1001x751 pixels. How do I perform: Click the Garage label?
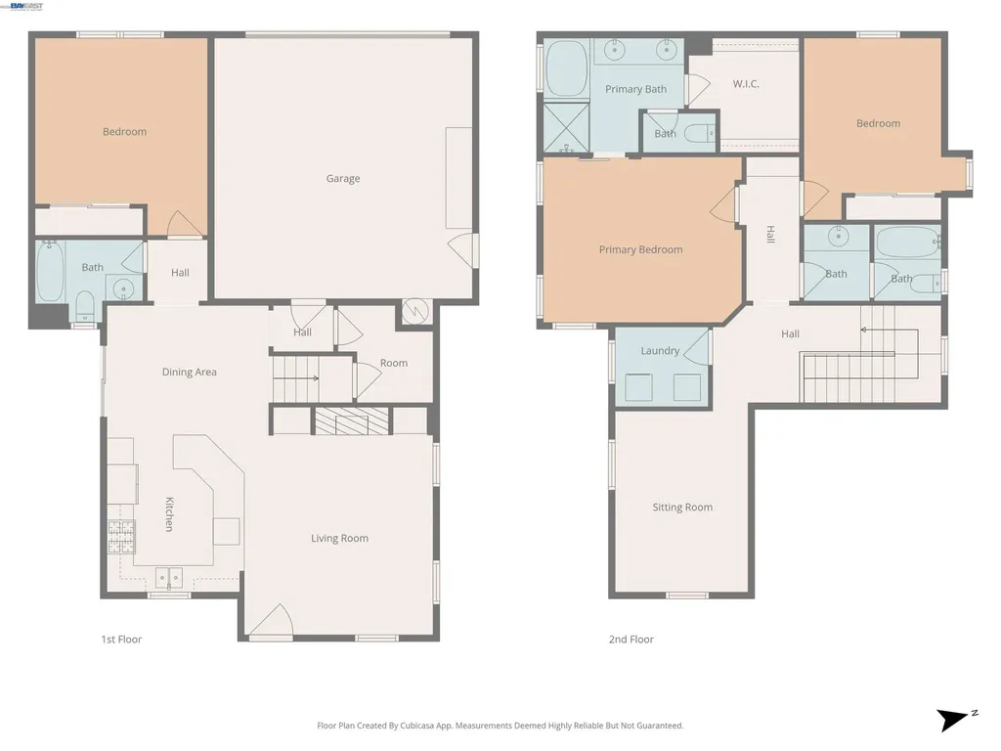[343, 179]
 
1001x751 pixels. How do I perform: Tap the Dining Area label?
[189, 372]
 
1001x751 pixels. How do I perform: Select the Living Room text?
[339, 539]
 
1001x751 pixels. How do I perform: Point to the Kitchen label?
[169, 514]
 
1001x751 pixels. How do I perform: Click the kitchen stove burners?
[121, 537]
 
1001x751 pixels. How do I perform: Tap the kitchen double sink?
[169, 577]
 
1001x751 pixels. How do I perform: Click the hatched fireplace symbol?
[351, 421]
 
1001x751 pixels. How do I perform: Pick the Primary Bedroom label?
[641, 249]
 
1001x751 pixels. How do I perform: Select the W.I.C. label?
[746, 84]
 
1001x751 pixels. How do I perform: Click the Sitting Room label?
[682, 508]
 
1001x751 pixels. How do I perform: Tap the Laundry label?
[660, 351]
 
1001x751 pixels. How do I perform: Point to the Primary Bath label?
[635, 89]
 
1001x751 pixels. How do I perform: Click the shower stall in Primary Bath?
[566, 128]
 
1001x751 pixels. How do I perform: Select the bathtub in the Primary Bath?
[567, 68]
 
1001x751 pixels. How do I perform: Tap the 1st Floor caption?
[121, 640]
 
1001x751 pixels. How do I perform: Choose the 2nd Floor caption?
[631, 640]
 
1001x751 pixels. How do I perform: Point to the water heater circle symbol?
[414, 312]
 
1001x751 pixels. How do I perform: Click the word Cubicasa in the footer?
[417, 726]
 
